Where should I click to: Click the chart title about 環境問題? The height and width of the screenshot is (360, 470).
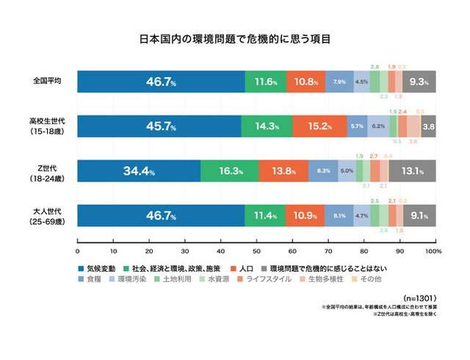click(234, 37)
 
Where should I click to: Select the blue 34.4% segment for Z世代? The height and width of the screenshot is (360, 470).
click(139, 171)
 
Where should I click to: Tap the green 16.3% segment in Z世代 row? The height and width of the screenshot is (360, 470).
click(230, 171)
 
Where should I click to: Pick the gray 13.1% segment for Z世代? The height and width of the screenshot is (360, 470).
click(412, 171)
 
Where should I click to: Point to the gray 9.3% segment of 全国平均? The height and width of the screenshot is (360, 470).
click(419, 82)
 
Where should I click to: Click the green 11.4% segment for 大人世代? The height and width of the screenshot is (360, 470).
click(265, 216)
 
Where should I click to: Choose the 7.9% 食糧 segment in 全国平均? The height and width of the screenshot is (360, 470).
click(339, 82)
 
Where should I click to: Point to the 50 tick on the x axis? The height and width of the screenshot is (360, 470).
click(256, 251)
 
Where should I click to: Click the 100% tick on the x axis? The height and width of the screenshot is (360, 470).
click(432, 251)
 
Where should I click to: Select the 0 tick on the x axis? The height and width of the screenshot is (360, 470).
click(77, 251)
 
